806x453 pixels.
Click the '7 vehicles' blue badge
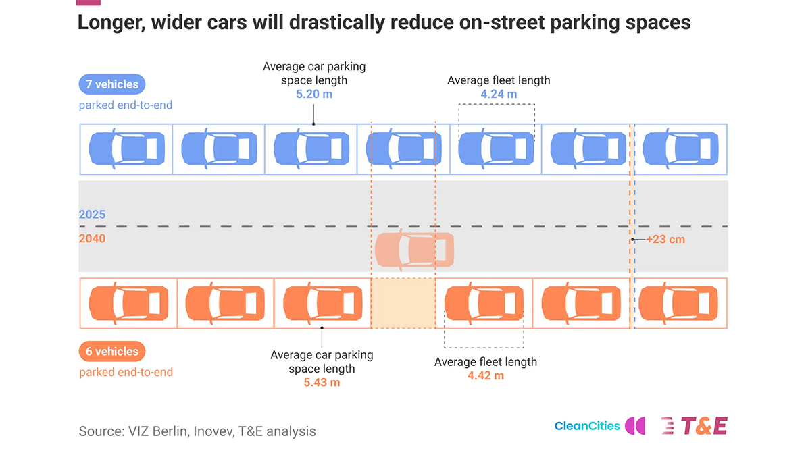[x=112, y=84]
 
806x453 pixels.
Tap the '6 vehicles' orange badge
[x=112, y=351]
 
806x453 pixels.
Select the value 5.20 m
[x=314, y=94]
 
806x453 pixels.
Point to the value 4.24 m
[x=499, y=94]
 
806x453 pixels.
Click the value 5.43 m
[x=322, y=383]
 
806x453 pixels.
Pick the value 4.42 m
[x=486, y=376]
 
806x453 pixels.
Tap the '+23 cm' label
[x=665, y=240]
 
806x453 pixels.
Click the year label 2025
[x=92, y=215]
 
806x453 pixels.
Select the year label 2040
[x=92, y=239]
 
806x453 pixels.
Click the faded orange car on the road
[x=414, y=250]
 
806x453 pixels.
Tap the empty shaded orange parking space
[x=403, y=303]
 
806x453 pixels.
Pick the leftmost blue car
[x=127, y=149]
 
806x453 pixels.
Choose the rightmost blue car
[x=680, y=149]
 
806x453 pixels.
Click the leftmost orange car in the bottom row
[x=128, y=303]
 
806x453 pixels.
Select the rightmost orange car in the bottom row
[x=678, y=303]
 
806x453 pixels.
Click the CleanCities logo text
[x=587, y=426]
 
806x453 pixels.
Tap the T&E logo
[x=695, y=426]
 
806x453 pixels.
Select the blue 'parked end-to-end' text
[x=126, y=105]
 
